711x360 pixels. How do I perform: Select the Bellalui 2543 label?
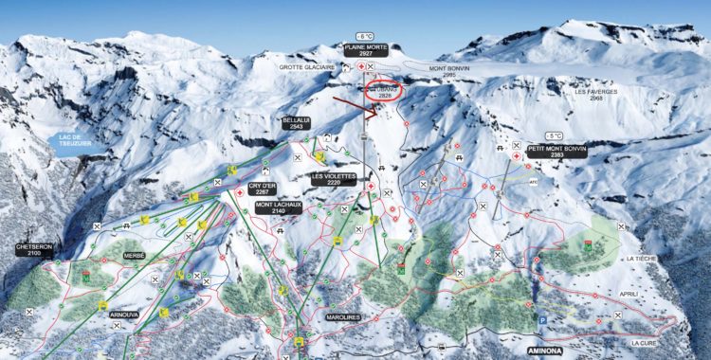296,124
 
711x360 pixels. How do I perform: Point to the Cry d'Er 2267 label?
263,189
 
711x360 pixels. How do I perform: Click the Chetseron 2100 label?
34,249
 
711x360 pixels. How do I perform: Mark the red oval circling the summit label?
383,91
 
